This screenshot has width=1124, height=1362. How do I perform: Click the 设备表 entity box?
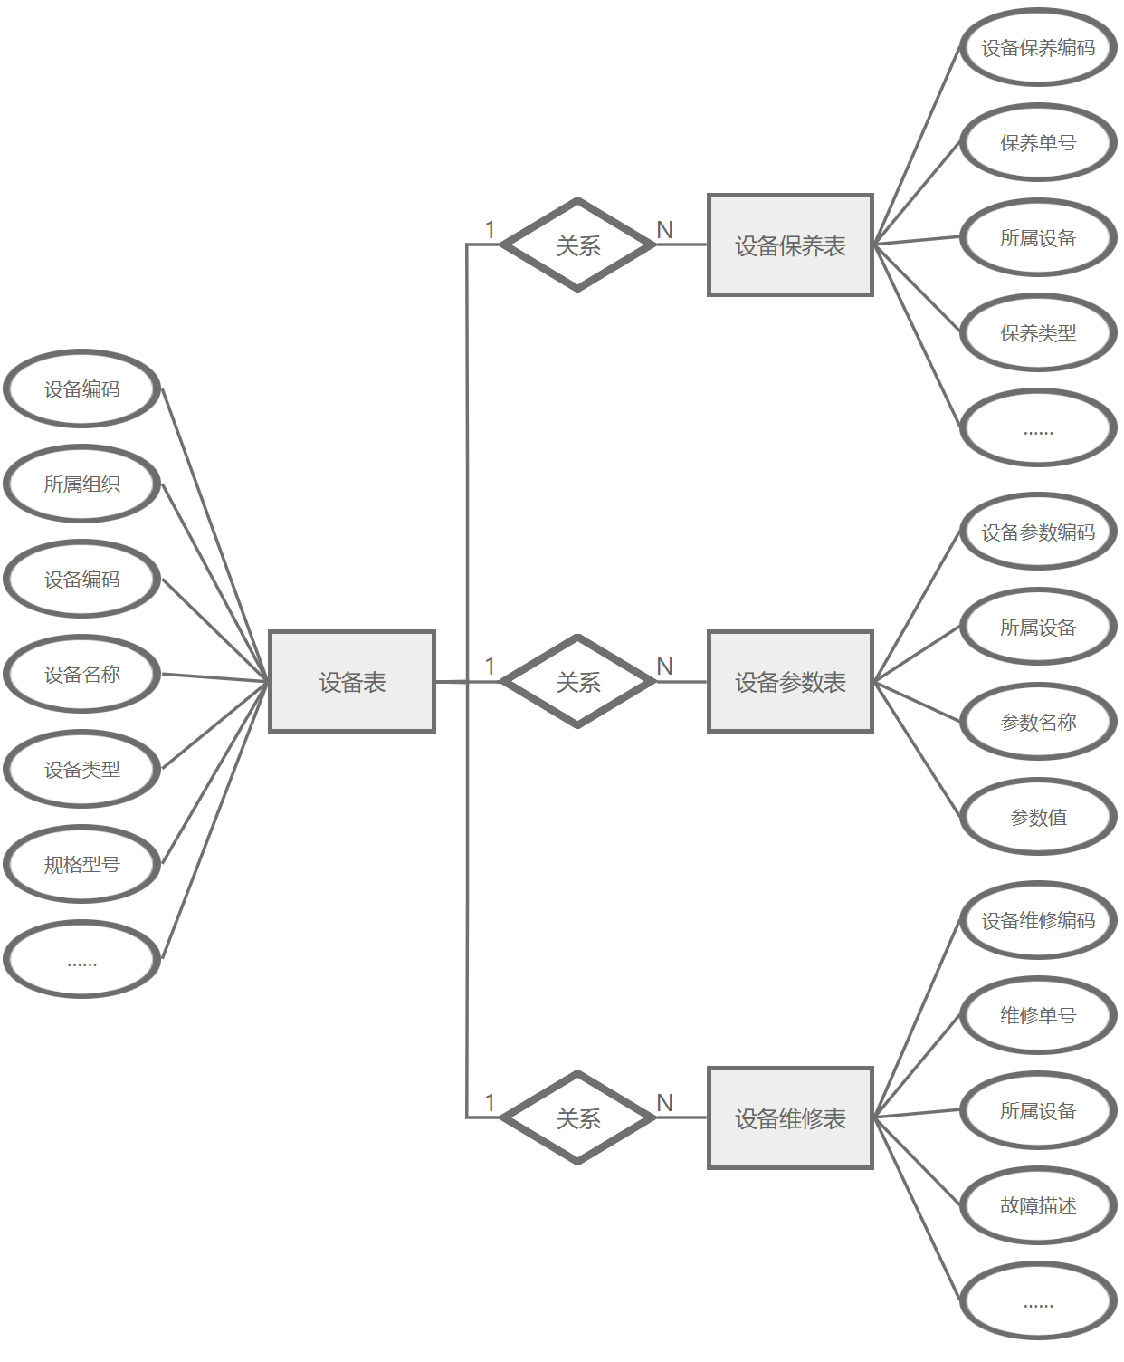point(352,681)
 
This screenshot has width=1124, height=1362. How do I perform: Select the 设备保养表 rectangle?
point(790,245)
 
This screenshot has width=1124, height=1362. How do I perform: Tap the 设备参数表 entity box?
point(790,681)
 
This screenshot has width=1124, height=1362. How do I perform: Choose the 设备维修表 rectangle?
point(790,1117)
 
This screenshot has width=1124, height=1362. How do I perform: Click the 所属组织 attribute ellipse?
point(82,484)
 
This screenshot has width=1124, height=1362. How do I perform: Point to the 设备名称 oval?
point(82,674)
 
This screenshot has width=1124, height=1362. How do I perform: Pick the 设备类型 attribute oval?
point(82,769)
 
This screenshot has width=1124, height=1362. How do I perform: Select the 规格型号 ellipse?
point(82,864)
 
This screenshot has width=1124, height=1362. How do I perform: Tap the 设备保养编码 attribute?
point(1038,47)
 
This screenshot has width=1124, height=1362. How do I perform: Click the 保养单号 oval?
point(1038,142)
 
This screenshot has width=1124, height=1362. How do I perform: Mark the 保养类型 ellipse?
point(1038,332)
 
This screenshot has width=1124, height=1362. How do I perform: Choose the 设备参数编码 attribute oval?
point(1038,532)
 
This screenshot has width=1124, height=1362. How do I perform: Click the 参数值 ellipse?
point(1038,817)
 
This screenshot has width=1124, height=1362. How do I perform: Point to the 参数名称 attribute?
point(1038,722)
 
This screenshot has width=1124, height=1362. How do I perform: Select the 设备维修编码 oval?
point(1038,920)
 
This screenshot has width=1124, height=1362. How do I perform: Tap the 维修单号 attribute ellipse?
point(1038,1015)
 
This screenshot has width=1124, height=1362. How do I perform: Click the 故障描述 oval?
point(1038,1205)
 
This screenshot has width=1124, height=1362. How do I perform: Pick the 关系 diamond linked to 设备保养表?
point(578,245)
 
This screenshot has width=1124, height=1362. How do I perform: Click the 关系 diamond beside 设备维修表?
point(578,1117)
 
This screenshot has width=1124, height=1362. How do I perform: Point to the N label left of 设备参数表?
point(665,667)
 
